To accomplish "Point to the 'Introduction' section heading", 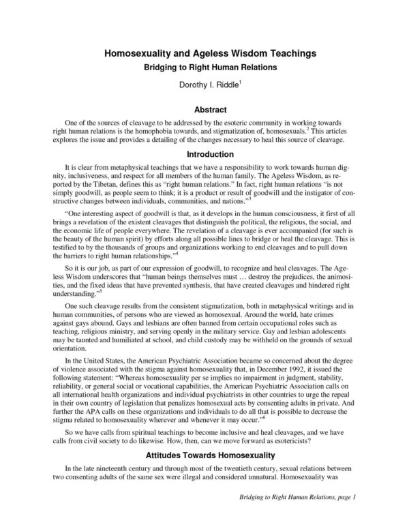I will [204, 153].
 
